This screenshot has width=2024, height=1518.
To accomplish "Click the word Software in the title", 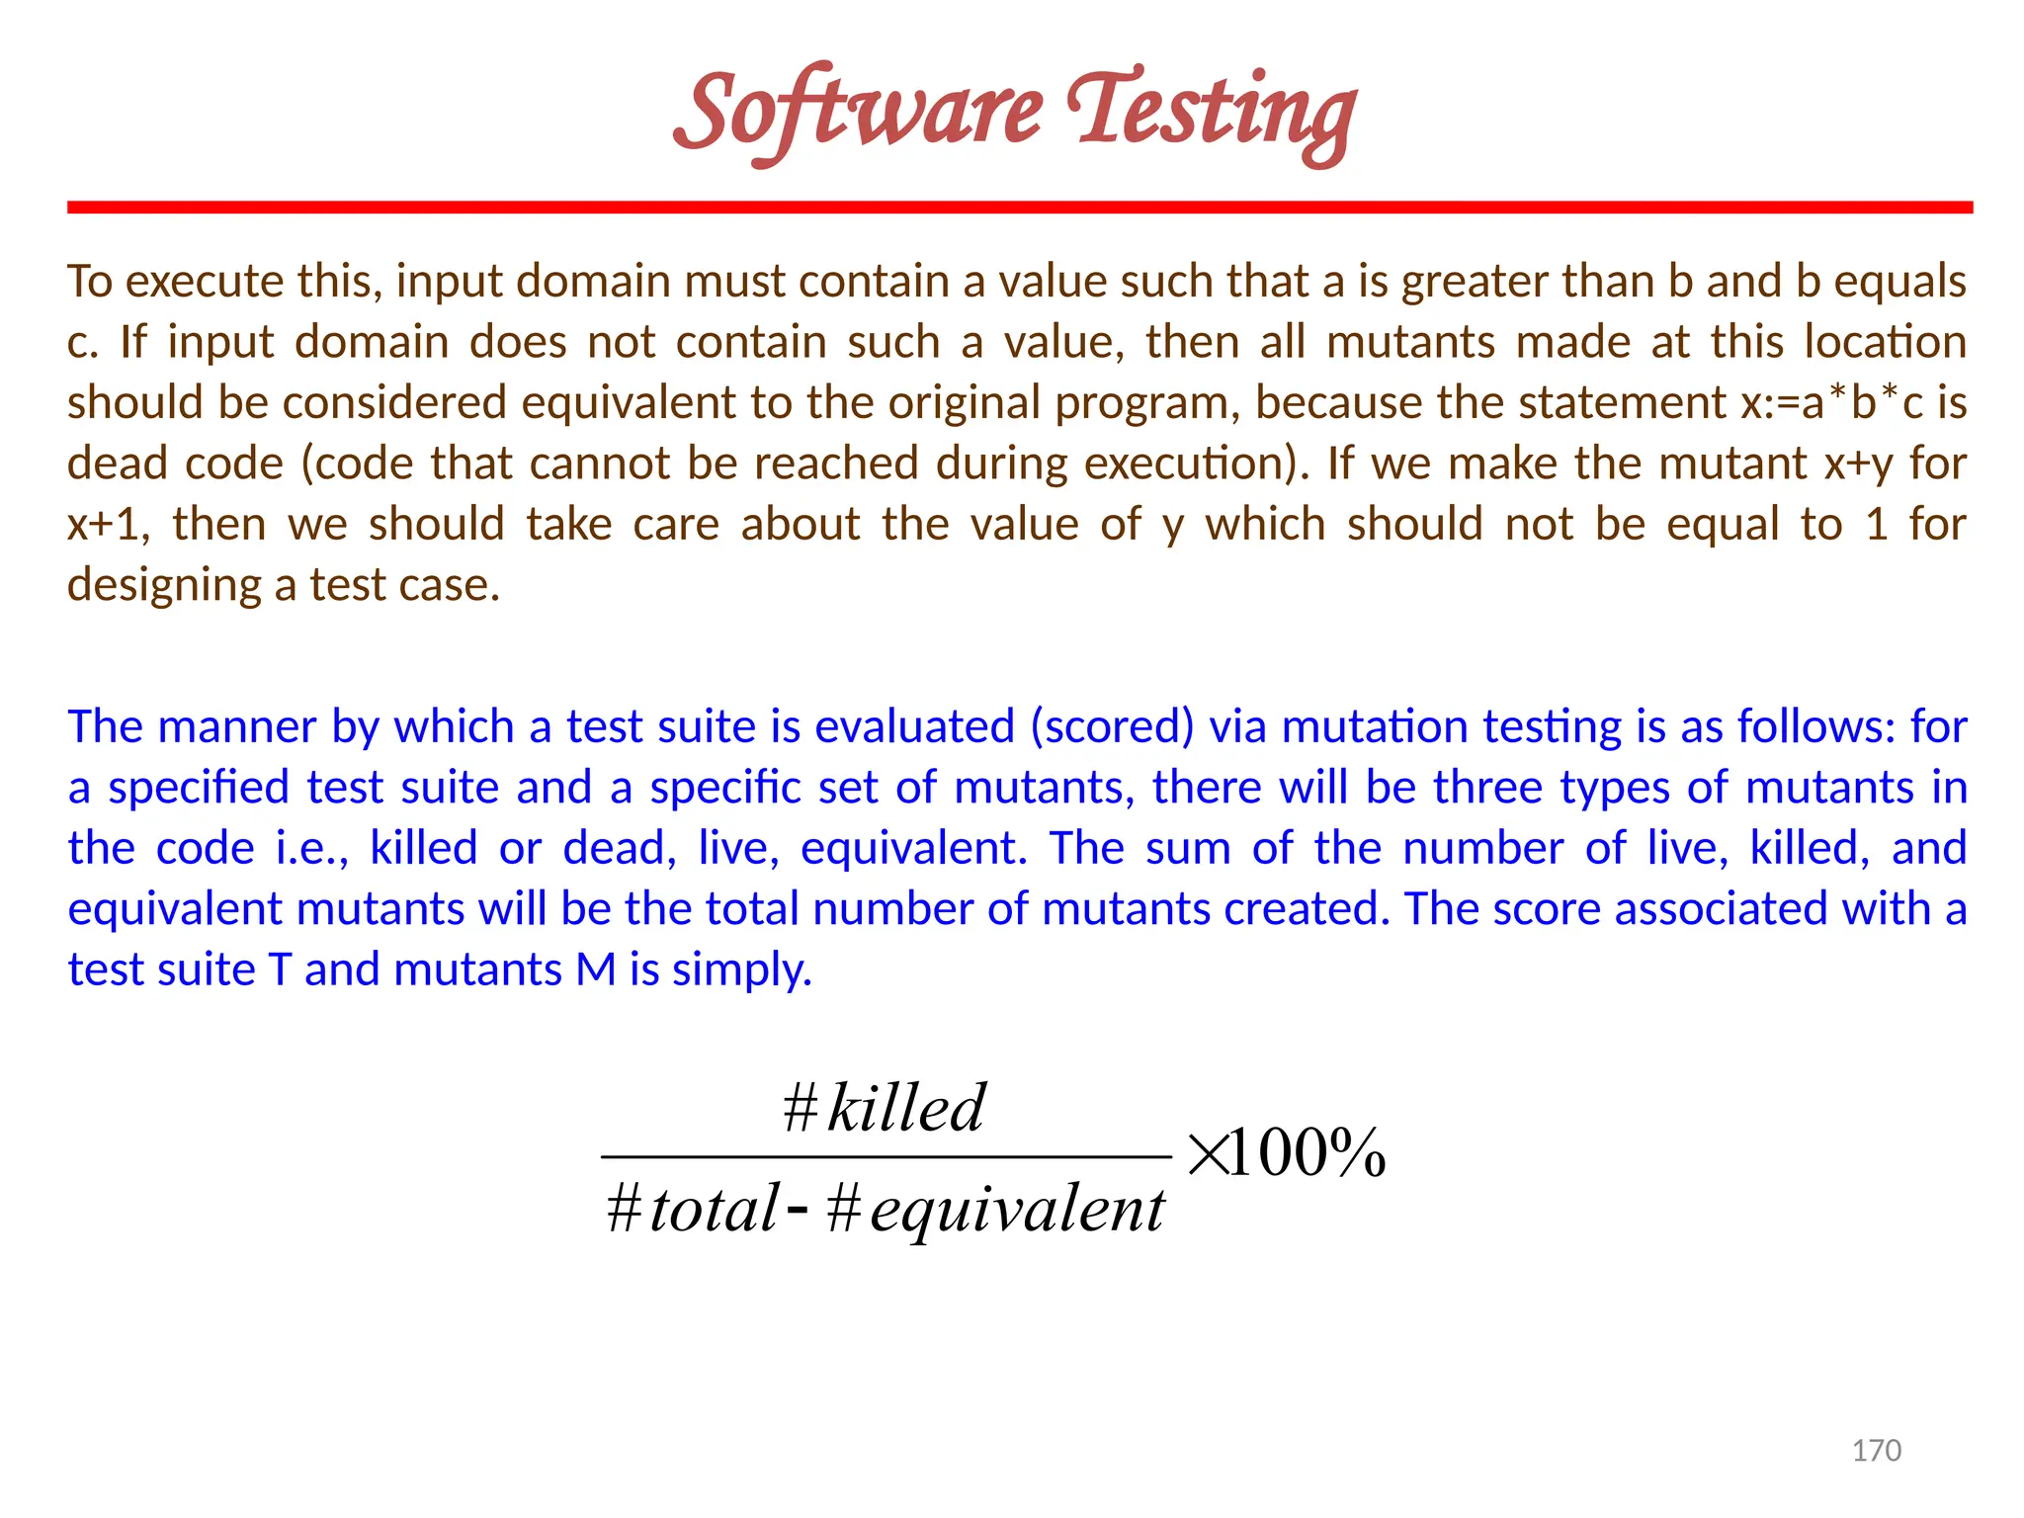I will coord(858,111).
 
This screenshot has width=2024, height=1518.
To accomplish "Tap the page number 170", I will coord(1876,1450).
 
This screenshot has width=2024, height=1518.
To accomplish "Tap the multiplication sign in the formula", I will coord(1207,1154).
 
